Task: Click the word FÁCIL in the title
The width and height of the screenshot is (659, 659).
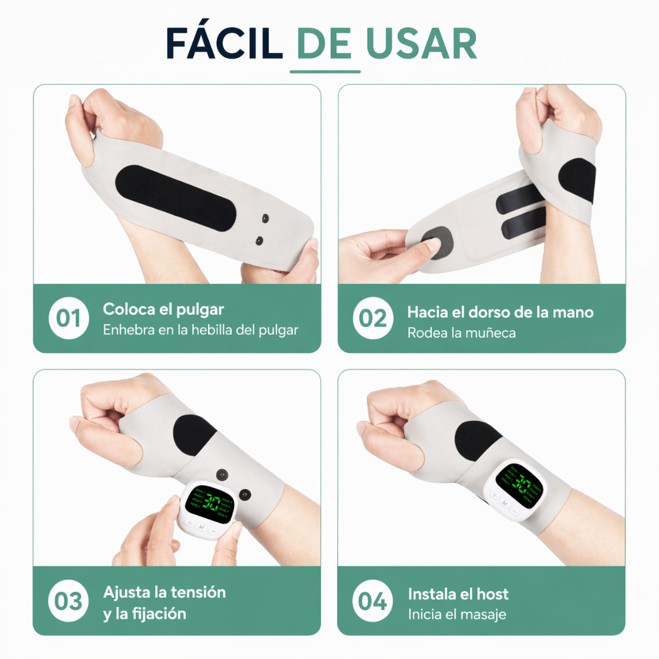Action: point(224,43)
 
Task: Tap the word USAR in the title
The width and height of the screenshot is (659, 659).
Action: point(421,43)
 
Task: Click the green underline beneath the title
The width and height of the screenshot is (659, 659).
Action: point(325,72)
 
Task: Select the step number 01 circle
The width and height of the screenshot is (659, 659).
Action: point(69,318)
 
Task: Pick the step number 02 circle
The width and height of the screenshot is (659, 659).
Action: point(373,318)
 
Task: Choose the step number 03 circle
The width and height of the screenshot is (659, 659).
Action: point(69,600)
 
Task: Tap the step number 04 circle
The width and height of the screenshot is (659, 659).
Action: point(373,600)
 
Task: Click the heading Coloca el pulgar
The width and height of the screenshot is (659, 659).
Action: point(164,309)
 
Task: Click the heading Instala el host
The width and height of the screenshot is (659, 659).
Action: point(458,594)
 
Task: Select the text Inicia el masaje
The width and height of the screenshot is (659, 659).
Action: point(457,614)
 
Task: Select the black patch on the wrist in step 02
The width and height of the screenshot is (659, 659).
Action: point(577,181)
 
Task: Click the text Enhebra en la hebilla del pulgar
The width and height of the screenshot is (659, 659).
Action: point(200,330)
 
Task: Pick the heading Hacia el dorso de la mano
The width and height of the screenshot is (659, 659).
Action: point(500,312)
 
